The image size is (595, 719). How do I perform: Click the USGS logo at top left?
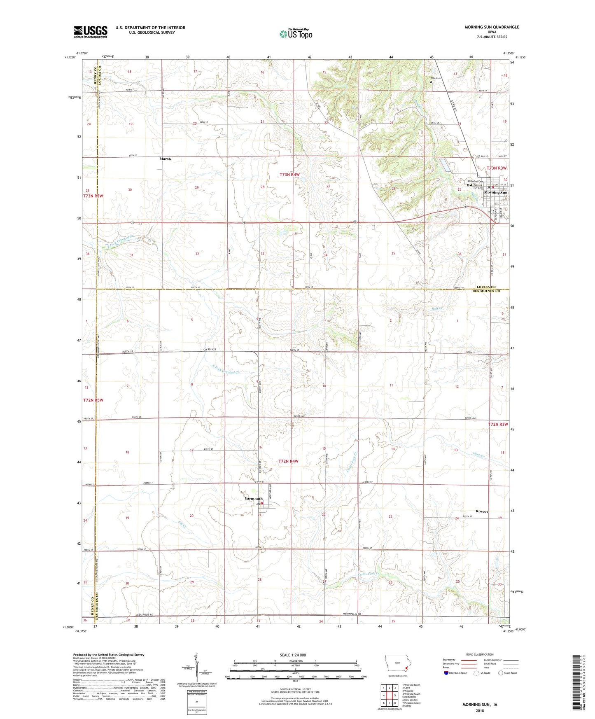(x=91, y=32)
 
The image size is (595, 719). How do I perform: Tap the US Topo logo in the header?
(x=295, y=34)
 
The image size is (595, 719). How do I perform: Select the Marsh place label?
(x=165, y=159)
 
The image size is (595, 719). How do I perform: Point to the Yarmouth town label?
(x=253, y=499)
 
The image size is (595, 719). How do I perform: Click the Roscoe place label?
(x=482, y=511)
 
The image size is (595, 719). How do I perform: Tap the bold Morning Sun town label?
(x=495, y=192)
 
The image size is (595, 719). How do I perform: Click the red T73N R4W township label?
(x=289, y=175)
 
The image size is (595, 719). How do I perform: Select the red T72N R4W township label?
(x=288, y=462)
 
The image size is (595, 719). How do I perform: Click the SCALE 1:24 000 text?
(x=293, y=655)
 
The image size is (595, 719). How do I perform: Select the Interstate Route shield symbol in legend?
(x=446, y=673)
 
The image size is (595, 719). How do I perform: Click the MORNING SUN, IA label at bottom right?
(x=480, y=705)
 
